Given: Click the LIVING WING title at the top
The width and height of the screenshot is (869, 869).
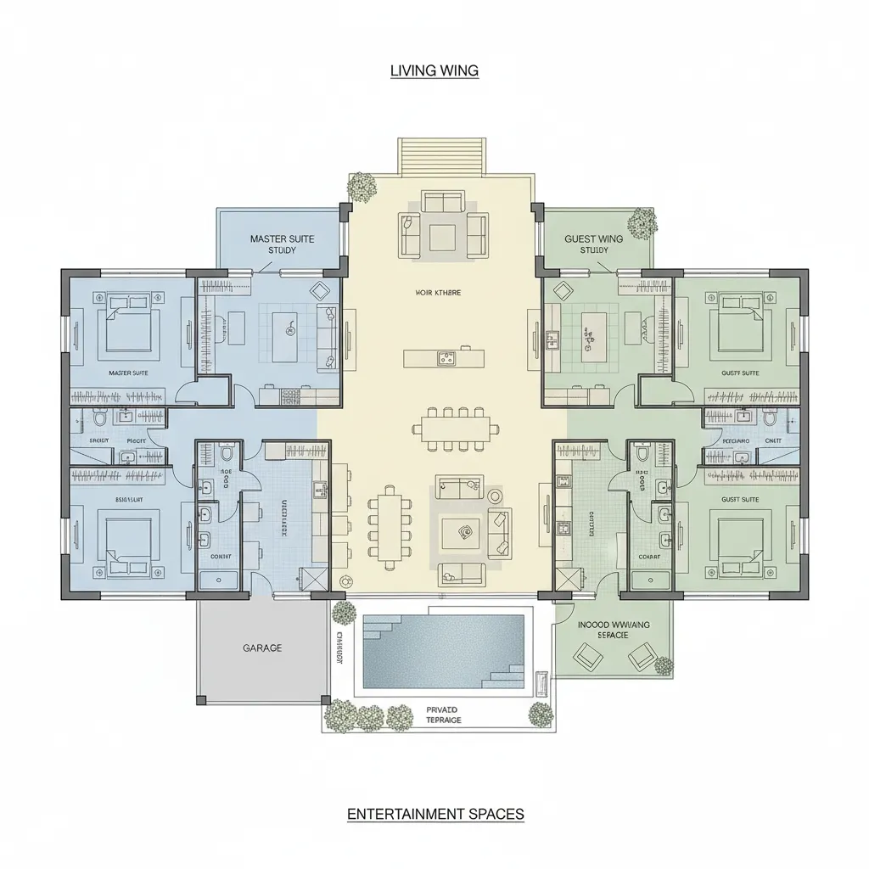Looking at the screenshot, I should (x=434, y=70).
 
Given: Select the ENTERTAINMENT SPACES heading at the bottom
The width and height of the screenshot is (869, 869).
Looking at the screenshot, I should (x=435, y=814).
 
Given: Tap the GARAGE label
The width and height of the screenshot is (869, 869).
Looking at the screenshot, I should (x=262, y=648).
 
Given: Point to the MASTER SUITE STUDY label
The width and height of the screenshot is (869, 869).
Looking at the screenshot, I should (x=282, y=244).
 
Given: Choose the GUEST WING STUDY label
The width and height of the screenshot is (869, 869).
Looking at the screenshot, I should (x=593, y=244).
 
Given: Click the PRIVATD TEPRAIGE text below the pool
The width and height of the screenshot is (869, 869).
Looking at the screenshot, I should (x=442, y=715).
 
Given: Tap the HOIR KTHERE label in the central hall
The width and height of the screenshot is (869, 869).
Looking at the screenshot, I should (x=438, y=293).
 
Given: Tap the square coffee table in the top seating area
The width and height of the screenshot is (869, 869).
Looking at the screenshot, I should (x=442, y=237).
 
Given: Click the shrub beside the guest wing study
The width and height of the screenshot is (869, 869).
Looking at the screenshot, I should (x=642, y=222).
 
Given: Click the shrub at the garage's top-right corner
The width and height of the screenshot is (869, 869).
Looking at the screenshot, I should (x=344, y=611).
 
